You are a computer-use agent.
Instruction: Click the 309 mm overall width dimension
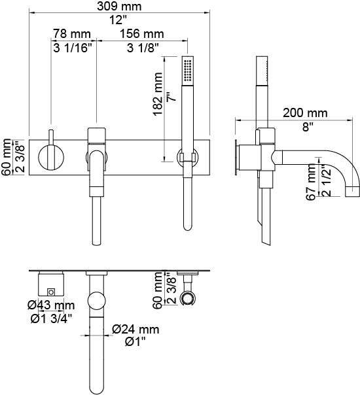click(119, 6)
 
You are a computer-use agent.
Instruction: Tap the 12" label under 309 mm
click(118, 20)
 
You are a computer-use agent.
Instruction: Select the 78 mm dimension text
click(71, 33)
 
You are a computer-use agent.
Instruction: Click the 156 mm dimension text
click(141, 33)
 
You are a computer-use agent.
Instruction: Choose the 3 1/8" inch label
click(143, 48)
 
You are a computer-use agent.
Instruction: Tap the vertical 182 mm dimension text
click(158, 94)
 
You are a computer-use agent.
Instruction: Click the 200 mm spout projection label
click(305, 112)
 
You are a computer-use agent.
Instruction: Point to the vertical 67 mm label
click(311, 182)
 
